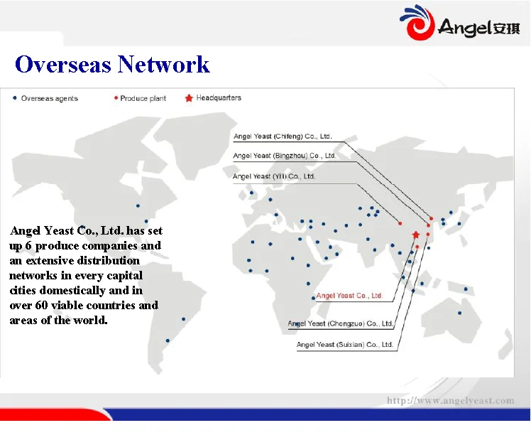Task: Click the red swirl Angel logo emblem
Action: tap(417, 22)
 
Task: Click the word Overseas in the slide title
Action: tap(63, 64)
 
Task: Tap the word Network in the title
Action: tap(163, 64)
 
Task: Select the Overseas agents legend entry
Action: tap(45, 98)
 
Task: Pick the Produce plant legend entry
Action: tap(140, 98)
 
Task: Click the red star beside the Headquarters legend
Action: tap(189, 98)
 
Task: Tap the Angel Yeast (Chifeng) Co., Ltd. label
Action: tap(283, 136)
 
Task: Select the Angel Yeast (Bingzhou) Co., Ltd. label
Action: tap(285, 156)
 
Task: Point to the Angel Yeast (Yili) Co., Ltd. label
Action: tap(274, 176)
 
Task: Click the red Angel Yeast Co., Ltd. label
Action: tap(349, 296)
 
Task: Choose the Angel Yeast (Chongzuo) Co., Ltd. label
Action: tap(340, 323)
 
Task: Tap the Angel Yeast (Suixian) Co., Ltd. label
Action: tap(345, 345)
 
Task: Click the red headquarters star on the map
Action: tap(416, 235)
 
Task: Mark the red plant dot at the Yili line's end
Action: tap(400, 223)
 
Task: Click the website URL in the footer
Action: tap(450, 401)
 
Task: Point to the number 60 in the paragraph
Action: tap(41, 305)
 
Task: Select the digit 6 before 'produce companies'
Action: tap(28, 245)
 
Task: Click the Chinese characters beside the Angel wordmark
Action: tap(506, 28)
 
